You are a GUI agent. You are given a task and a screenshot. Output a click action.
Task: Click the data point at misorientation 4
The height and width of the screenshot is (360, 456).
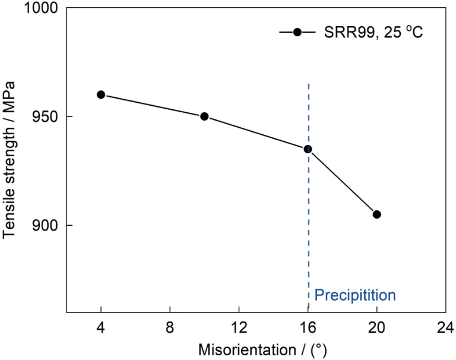point(101,94)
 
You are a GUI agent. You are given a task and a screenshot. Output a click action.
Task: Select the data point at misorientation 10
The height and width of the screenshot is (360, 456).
point(204,116)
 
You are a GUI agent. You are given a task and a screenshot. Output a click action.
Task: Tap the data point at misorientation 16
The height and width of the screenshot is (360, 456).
point(308,149)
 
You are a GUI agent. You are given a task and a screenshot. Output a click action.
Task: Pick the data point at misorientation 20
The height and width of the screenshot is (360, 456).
point(376,214)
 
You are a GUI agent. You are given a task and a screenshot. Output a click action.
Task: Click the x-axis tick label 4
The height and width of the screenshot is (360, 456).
point(101,327)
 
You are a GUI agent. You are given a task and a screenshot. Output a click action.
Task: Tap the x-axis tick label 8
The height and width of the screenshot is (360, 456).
point(170,327)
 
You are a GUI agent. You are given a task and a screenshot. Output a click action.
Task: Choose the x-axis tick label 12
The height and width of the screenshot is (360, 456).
point(239,327)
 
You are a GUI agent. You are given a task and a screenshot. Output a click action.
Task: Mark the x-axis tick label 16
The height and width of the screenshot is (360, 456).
point(308,327)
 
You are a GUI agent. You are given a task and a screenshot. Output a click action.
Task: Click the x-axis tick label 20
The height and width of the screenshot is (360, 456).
point(376,327)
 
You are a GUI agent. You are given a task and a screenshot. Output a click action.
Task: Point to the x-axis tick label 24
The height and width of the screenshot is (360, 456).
point(445,327)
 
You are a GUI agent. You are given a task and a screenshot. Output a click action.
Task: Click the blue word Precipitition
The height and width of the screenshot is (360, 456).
point(355,295)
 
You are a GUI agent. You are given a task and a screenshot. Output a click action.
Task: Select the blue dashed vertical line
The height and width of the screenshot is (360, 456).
point(309,238)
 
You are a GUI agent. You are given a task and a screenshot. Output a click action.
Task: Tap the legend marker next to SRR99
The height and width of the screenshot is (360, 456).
point(297,32)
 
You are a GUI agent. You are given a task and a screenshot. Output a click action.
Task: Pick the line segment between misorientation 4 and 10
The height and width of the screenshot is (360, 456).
point(153,105)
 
